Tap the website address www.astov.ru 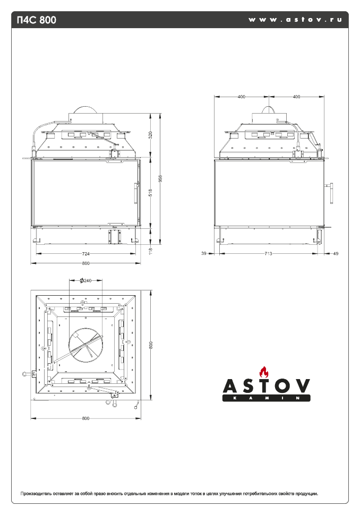295,20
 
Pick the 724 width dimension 85,254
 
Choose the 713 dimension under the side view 269,254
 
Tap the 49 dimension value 335,254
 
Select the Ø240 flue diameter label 85,280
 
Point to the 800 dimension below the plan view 85,418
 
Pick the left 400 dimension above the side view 242,97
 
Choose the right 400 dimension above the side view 296,97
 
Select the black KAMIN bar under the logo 265,398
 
